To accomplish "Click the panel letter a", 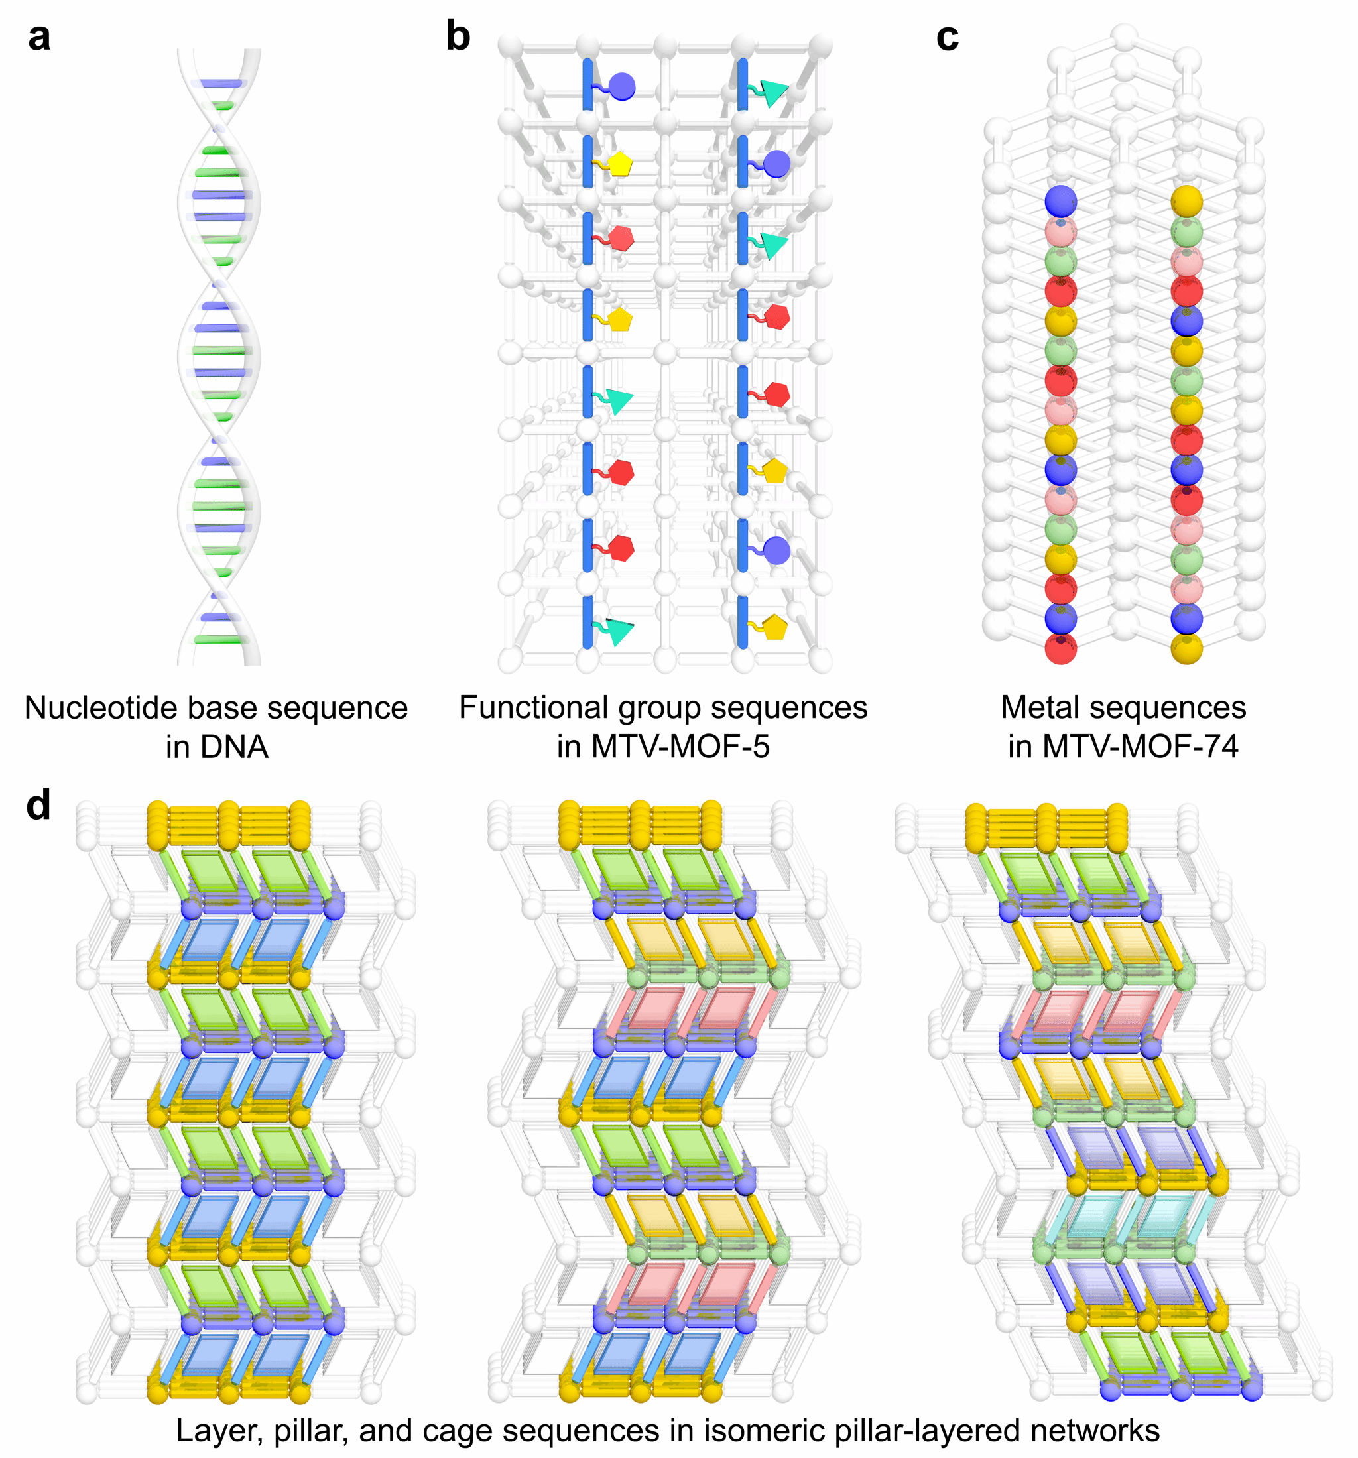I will (x=39, y=36).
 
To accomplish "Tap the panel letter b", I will (x=458, y=36).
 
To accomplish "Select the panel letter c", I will (x=947, y=36).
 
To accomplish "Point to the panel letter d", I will (x=38, y=806).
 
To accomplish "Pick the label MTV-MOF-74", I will (x=1140, y=747).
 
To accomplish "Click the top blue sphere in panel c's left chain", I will (x=1060, y=200).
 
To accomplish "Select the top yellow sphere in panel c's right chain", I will (x=1186, y=200).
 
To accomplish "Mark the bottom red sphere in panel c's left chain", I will (x=1060, y=649).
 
